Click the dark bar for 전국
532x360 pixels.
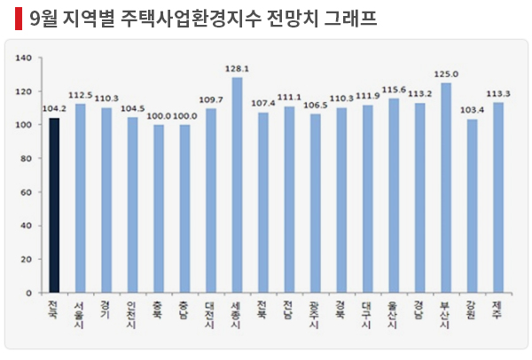point(54,205)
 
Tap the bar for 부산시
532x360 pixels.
point(446,187)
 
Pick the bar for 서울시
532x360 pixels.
point(80,198)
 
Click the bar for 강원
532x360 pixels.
point(472,206)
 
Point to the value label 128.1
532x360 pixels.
point(237,67)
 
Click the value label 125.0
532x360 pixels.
point(446,74)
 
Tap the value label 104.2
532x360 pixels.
point(54,109)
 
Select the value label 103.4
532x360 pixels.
point(472,110)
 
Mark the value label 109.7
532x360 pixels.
point(210,99)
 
